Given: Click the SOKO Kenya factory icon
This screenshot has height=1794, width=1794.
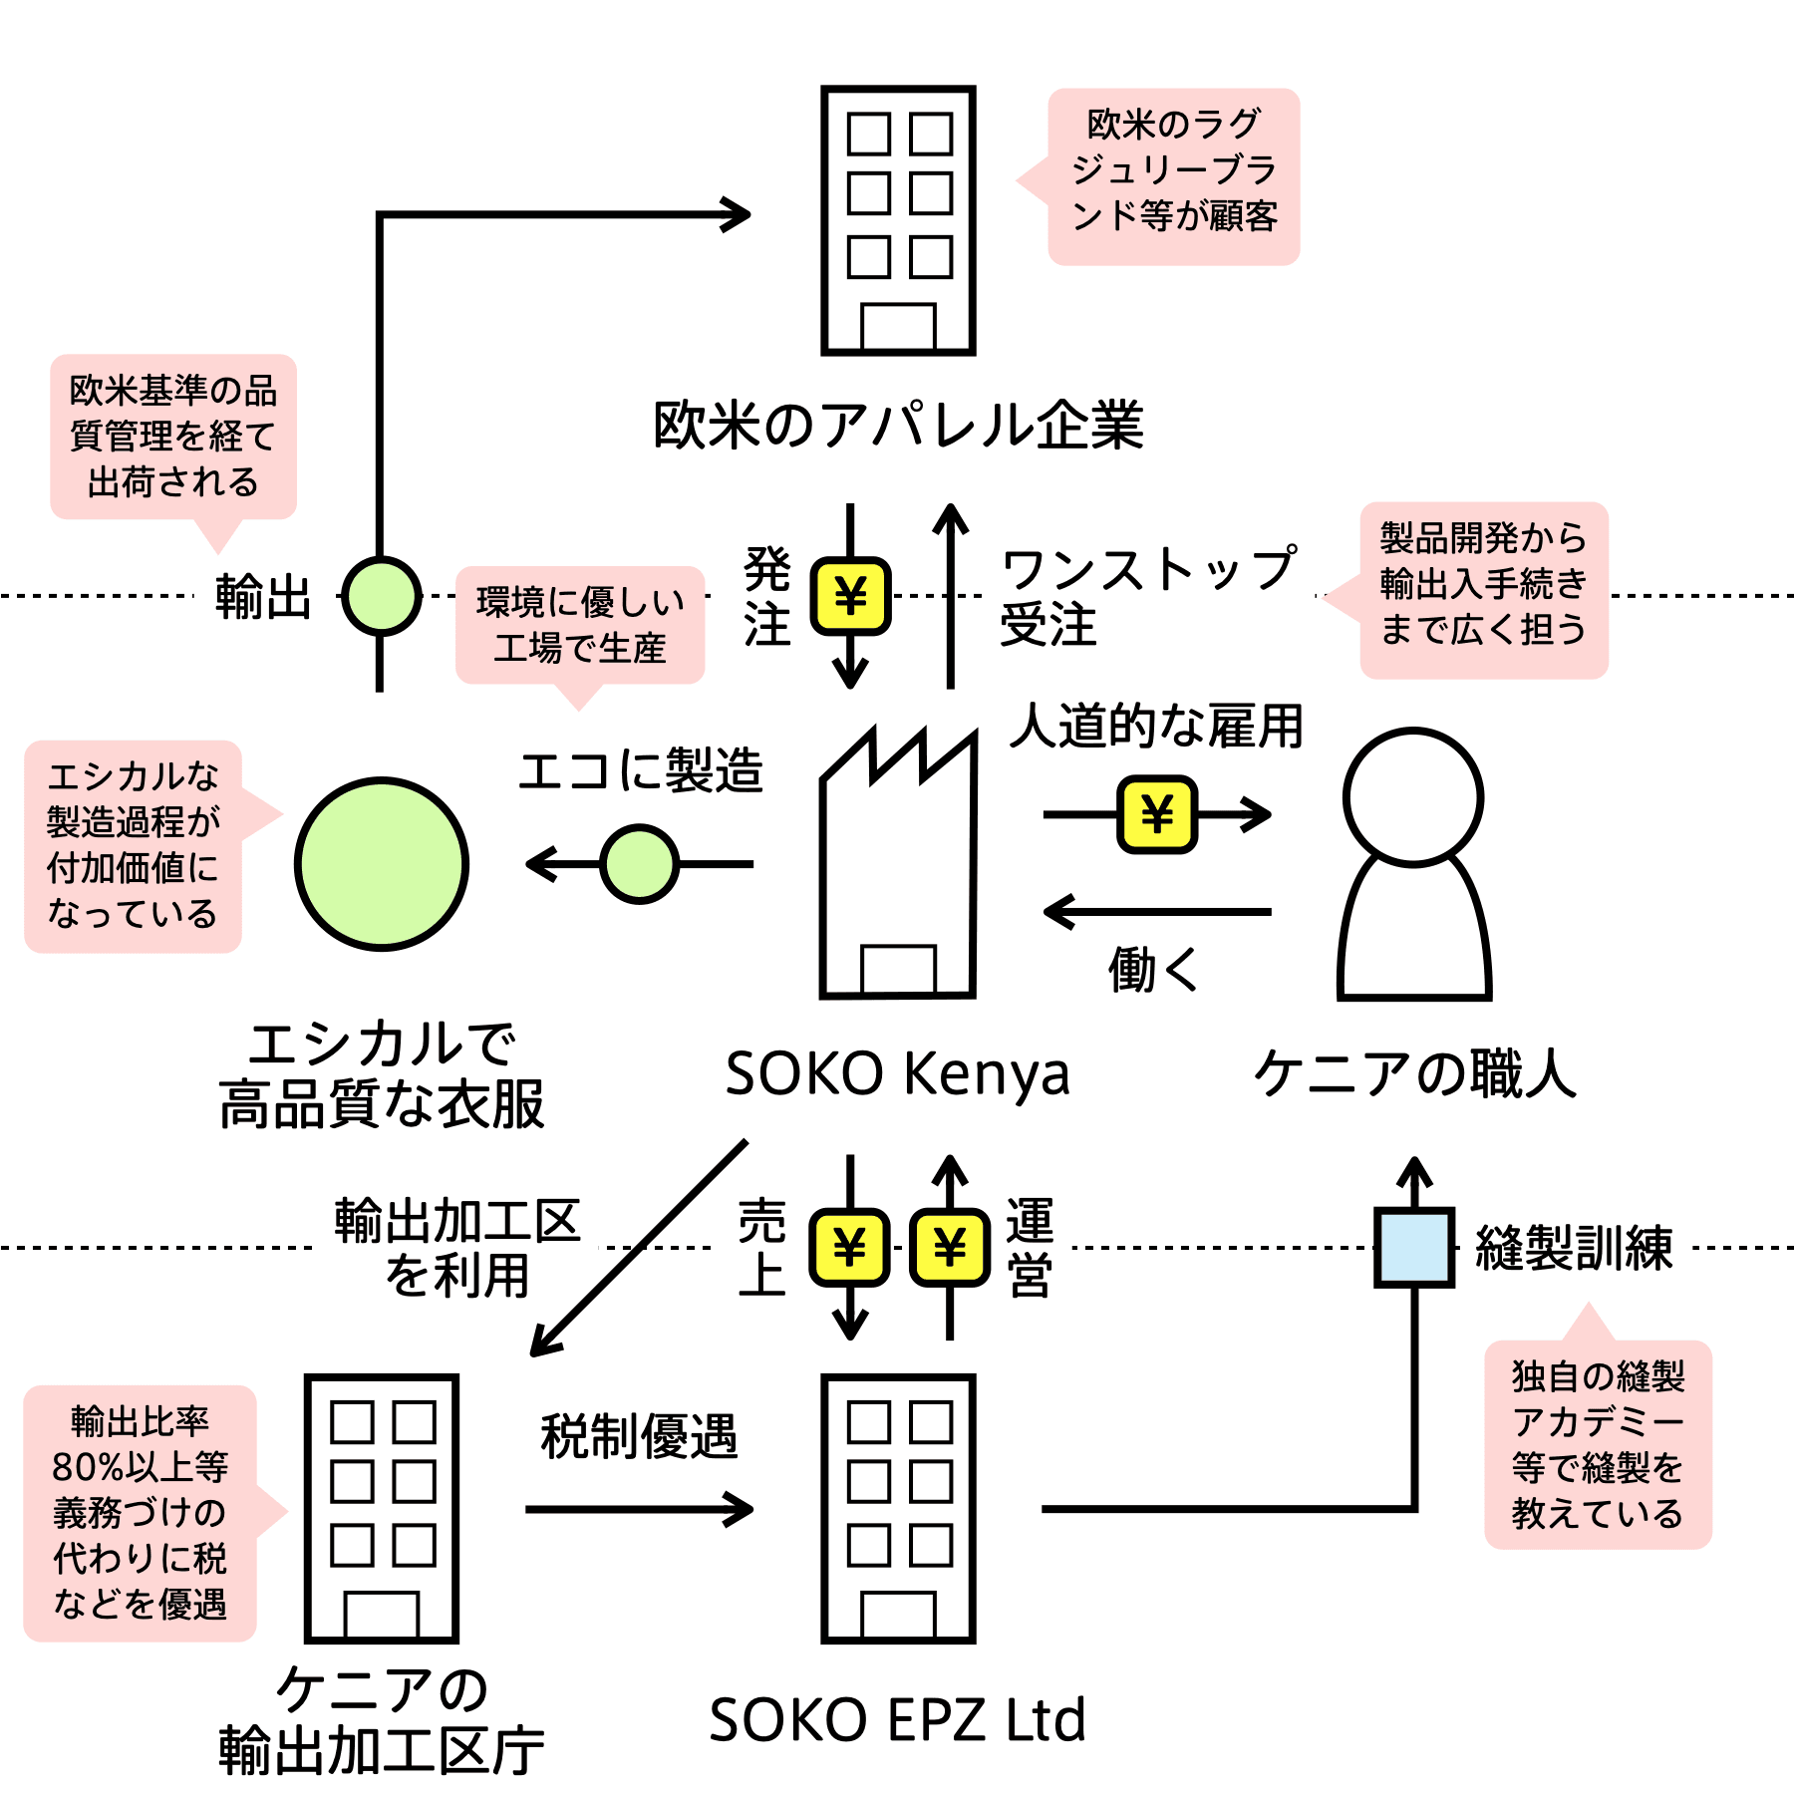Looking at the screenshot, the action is [x=897, y=862].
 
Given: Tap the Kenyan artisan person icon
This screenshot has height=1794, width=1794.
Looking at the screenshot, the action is [x=1413, y=863].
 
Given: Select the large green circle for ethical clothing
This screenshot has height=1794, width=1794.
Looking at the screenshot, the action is [x=382, y=863].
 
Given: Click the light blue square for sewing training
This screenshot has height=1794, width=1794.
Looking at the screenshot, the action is [x=1413, y=1247].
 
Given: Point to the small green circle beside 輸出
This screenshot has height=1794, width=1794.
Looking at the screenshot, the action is [x=381, y=596].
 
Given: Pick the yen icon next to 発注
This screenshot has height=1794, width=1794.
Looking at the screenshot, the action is [x=850, y=596].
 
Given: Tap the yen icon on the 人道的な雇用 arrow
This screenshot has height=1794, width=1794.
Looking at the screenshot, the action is [x=1156, y=814].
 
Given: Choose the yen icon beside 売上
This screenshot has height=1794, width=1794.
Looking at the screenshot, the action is [x=849, y=1247].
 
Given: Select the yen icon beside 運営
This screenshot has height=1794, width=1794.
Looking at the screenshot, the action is [x=950, y=1247].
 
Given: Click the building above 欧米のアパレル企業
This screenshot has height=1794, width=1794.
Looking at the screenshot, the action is [x=898, y=220].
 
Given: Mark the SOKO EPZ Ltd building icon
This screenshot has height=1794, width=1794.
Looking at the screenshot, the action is [x=898, y=1508].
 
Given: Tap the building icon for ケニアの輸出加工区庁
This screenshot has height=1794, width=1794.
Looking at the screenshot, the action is [x=382, y=1508].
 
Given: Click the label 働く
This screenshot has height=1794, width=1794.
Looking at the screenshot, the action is [x=1154, y=969].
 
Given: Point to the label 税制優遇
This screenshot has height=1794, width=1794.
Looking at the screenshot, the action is [x=639, y=1436].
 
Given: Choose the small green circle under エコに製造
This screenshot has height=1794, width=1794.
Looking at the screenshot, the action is [x=640, y=863].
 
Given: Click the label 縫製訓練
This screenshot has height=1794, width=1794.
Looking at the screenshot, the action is [x=1574, y=1247].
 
